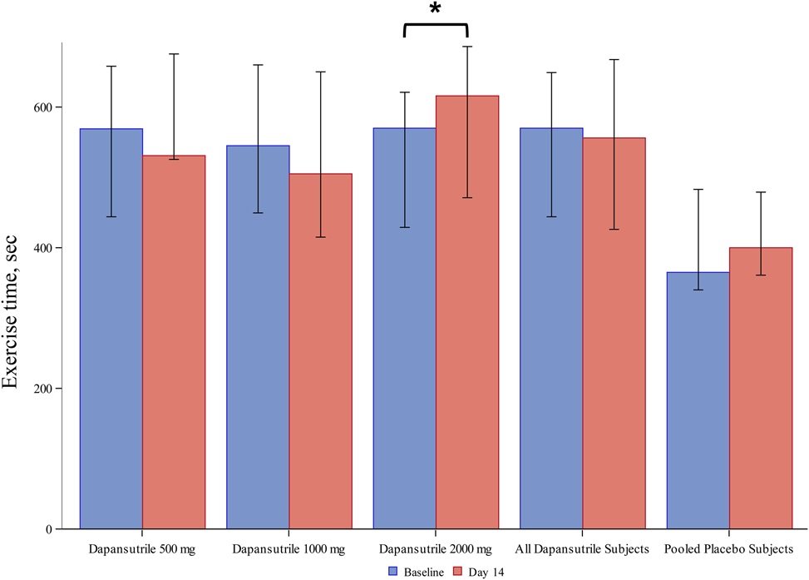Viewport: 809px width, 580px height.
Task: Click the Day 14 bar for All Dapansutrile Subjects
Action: click(x=614, y=333)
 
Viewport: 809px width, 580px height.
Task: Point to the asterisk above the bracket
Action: click(x=435, y=10)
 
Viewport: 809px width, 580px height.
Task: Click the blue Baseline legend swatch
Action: click(x=394, y=572)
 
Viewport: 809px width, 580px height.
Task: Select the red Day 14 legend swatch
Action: click(x=457, y=572)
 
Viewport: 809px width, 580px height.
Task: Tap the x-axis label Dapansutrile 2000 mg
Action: click(x=435, y=549)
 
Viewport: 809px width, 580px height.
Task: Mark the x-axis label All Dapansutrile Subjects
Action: click(x=582, y=549)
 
